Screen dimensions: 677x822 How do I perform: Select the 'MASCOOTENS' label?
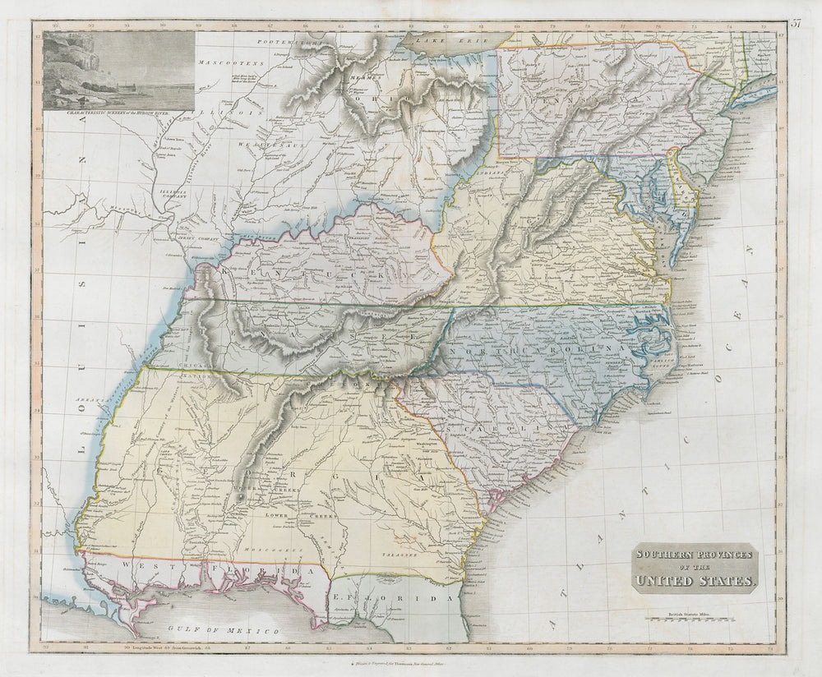point(233,62)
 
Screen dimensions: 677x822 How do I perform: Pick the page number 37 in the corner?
point(796,23)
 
